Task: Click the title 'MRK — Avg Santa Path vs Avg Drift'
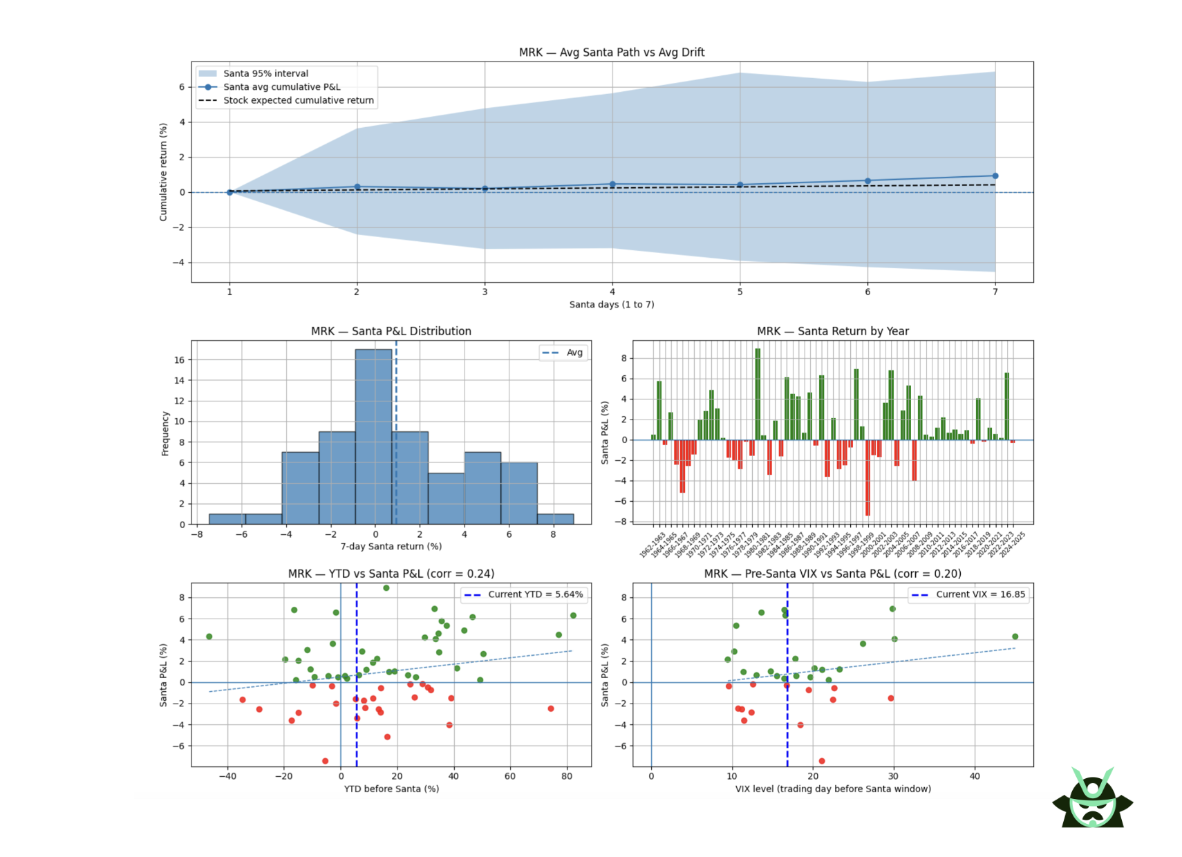click(x=612, y=53)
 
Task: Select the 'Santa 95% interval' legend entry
click(x=265, y=73)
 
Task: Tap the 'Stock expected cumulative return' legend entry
click(x=298, y=100)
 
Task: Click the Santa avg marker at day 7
click(x=995, y=176)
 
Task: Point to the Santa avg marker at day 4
click(x=612, y=185)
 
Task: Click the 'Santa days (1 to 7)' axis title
click(x=612, y=304)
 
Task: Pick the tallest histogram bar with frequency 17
click(x=373, y=436)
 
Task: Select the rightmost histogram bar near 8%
click(x=555, y=519)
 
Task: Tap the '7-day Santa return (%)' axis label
click(x=391, y=546)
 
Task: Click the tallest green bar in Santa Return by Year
click(x=758, y=394)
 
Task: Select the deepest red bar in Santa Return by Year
click(x=867, y=478)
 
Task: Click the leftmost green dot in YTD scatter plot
click(x=209, y=637)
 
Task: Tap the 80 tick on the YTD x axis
click(x=567, y=776)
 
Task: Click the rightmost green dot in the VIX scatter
click(x=1015, y=637)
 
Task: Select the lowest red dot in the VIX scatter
click(x=822, y=761)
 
